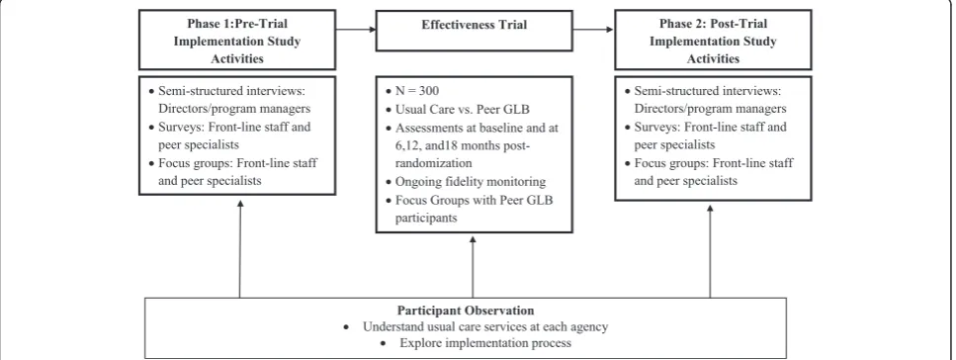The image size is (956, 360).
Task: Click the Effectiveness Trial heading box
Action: (474, 30)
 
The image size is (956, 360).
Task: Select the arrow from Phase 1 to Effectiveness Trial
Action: (356, 30)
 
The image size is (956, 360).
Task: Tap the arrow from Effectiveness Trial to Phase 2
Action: (593, 30)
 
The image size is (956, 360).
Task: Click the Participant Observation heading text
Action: (466, 310)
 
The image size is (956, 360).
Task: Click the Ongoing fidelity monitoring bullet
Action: (466, 182)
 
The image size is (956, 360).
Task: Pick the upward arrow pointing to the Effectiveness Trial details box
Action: (473, 265)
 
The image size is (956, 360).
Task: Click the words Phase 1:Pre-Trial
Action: (237, 24)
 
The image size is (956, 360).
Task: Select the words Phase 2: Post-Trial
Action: (713, 24)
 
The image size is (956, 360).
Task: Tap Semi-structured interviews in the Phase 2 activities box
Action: (707, 91)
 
